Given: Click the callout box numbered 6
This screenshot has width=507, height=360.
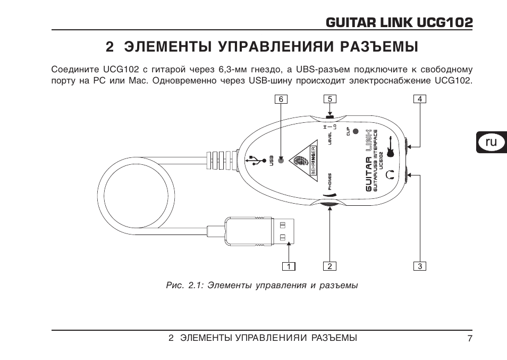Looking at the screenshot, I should [281, 99].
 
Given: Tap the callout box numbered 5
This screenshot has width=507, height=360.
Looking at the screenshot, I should [330, 99].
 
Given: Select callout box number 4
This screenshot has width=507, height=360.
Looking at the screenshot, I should [420, 99].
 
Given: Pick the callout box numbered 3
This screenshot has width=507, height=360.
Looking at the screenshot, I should [420, 266].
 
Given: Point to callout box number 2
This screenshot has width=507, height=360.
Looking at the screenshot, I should [330, 266].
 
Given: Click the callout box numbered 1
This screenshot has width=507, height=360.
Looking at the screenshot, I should [288, 266].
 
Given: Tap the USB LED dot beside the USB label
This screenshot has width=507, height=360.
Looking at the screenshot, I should [281, 159].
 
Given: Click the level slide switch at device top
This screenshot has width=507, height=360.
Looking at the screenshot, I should [329, 115].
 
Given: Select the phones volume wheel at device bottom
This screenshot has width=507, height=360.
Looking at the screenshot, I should [329, 204].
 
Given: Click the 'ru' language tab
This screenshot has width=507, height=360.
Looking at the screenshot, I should [492, 142].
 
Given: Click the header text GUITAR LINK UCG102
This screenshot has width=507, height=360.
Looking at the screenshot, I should [399, 22].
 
